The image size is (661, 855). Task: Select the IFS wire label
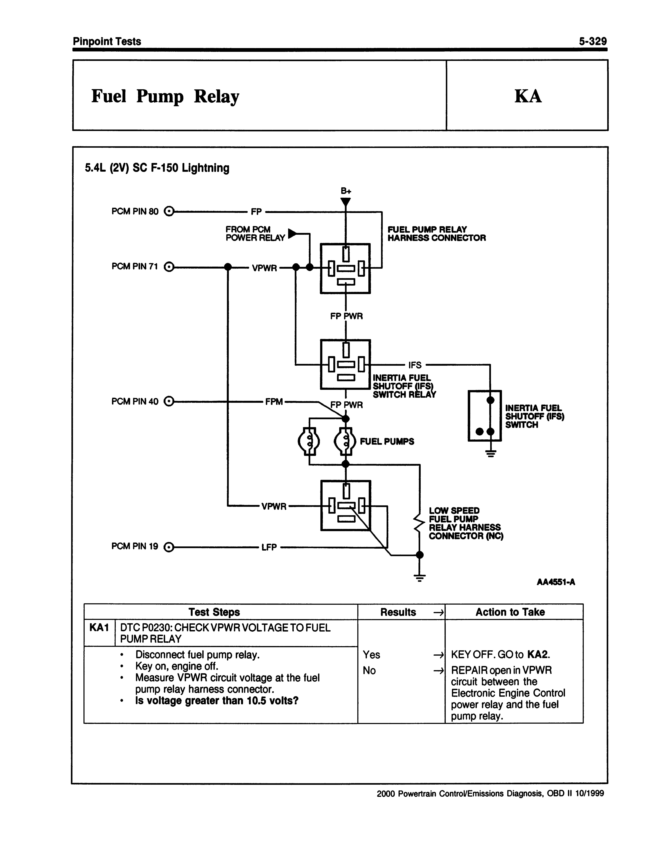tap(415, 365)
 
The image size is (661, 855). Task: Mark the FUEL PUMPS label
tap(387, 442)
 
